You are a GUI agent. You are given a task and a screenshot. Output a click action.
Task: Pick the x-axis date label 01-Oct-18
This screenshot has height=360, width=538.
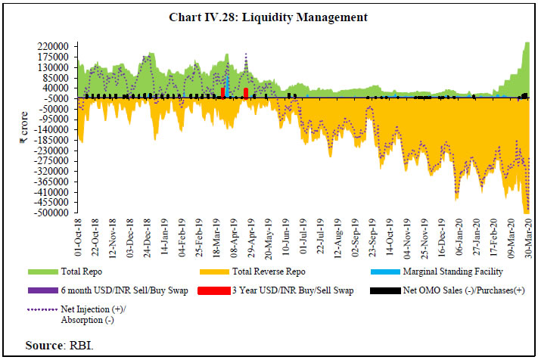pos(79,240)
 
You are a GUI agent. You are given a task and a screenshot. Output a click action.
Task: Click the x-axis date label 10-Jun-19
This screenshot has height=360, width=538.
pos(286,240)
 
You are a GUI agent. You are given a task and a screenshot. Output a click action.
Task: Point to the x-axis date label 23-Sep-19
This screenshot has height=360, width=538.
pos(372,240)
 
